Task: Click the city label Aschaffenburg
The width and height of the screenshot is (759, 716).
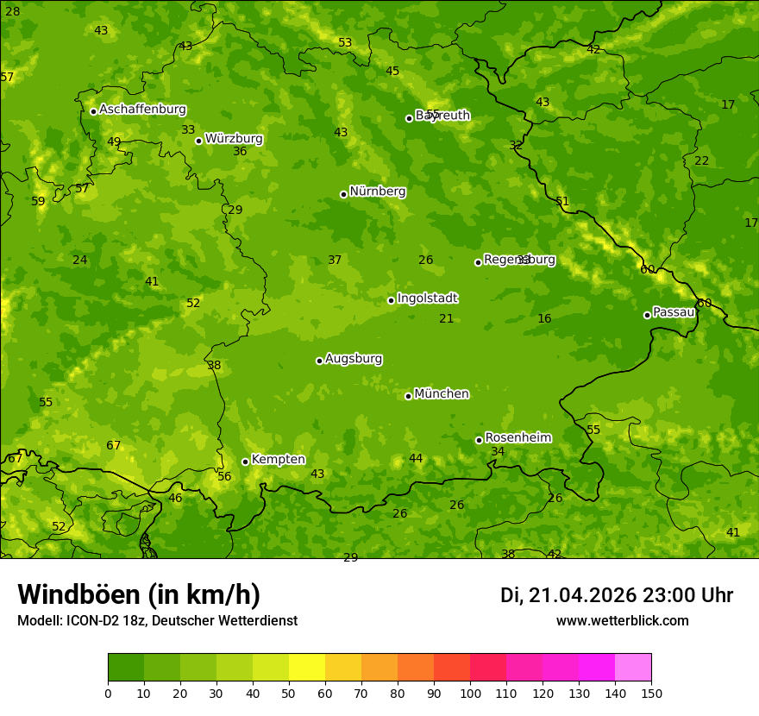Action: tap(142, 110)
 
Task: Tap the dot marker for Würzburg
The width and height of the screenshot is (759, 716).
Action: tap(198, 141)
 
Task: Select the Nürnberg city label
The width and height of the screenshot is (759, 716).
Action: tap(377, 192)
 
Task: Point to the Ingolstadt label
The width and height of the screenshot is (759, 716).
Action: tap(427, 298)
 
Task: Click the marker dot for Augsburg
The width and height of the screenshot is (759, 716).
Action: tap(319, 361)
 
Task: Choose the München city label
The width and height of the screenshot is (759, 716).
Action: tap(442, 394)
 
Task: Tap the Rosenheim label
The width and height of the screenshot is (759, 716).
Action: tap(517, 438)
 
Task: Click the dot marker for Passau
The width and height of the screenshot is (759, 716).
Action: tap(647, 315)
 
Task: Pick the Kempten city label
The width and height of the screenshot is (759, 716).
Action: tap(278, 460)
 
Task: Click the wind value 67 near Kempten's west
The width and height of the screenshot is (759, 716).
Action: tap(114, 446)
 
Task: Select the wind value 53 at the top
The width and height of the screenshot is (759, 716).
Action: tap(345, 42)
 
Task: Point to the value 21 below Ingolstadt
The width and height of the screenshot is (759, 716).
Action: tap(446, 319)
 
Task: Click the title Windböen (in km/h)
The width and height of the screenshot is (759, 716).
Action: tap(139, 594)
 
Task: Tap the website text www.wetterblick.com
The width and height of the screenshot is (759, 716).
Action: tap(622, 621)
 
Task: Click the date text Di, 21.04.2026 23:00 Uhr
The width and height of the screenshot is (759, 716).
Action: tap(617, 595)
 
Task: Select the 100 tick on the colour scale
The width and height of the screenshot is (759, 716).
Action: tap(470, 694)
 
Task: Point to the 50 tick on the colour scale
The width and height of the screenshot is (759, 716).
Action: tap(289, 694)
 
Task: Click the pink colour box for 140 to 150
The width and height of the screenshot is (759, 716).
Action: tap(633, 667)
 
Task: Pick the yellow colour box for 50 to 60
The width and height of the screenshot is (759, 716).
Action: tap(307, 667)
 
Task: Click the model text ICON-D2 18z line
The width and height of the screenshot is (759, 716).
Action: tap(157, 621)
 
